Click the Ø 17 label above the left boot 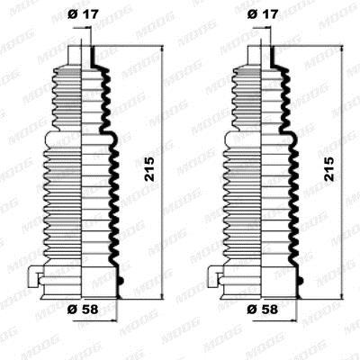coord(83,14)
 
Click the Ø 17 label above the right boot coord(263,14)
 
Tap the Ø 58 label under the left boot coord(83,310)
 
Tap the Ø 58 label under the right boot coord(263,310)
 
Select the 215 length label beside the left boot coord(149,169)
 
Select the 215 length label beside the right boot coord(329,169)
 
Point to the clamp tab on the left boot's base coord(33,277)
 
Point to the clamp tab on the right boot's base coord(213,277)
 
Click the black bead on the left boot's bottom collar coord(121,281)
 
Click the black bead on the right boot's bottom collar coord(301,281)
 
